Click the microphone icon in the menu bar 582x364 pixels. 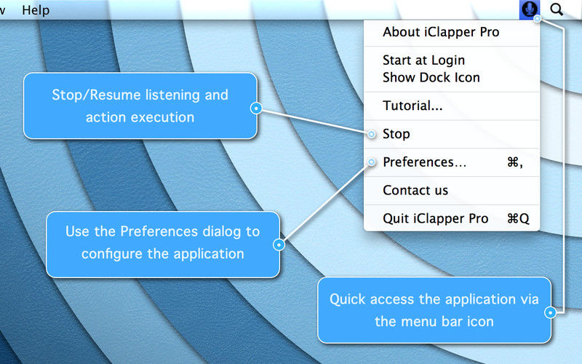[x=530, y=9]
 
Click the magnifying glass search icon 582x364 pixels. [x=557, y=9]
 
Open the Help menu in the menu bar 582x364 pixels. [x=36, y=10]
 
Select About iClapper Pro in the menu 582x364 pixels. [x=441, y=32]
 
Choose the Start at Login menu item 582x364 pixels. [x=423, y=60]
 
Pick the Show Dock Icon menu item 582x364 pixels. [x=431, y=77]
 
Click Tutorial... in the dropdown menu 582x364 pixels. [x=412, y=106]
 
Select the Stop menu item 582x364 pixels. [x=396, y=134]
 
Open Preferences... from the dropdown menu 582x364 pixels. [x=425, y=162]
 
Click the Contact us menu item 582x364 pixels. [x=415, y=191]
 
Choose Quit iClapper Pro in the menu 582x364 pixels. [x=435, y=219]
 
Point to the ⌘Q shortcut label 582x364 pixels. [x=518, y=219]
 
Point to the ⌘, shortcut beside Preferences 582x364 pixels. [x=515, y=162]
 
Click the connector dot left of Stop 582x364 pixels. [x=372, y=134]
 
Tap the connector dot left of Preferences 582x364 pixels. [x=372, y=162]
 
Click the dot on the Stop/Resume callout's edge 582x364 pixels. [x=256, y=108]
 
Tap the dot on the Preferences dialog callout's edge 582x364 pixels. [x=279, y=245]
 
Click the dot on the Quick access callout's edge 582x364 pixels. [x=551, y=313]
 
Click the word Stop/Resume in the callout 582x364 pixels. [x=96, y=95]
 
